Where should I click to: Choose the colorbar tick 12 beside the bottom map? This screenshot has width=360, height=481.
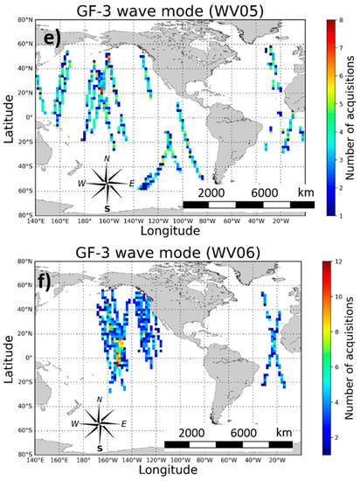(332, 261)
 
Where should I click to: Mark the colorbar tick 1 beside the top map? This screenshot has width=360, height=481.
(333, 213)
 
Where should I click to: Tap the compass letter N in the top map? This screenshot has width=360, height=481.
(107, 158)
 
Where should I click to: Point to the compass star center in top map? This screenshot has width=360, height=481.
(107, 183)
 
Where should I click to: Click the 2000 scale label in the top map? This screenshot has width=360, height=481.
(213, 192)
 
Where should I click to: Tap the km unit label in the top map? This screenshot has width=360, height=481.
(301, 192)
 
